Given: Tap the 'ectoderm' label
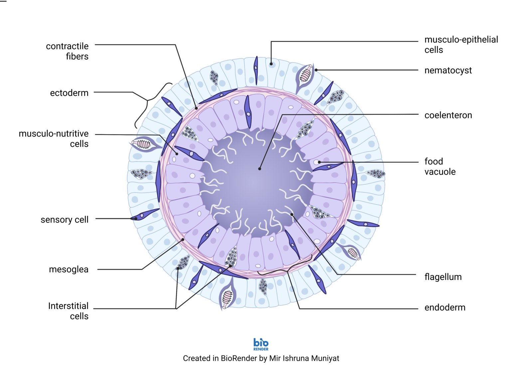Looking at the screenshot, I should tap(69, 93).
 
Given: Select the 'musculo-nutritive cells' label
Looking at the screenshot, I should tap(54, 139).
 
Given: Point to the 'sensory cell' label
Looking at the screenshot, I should tap(65, 220).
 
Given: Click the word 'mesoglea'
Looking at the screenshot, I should tap(69, 269).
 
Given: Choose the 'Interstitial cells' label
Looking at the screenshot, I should tap(68, 311).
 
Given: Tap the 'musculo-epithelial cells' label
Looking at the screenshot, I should tap(461, 45).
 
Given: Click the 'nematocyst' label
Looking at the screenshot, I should tap(448, 71).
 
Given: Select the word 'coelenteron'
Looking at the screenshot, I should tap(448, 115).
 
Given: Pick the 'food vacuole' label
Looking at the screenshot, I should tap(440, 166).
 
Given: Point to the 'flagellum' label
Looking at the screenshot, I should tap(443, 277).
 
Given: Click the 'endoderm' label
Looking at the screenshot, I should tap(445, 307).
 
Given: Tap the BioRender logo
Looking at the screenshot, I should tap(261, 344).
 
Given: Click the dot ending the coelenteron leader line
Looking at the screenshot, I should tap(259, 169).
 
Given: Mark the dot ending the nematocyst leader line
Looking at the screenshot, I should tap(316, 70).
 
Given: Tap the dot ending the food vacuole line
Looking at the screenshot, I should tap(319, 162).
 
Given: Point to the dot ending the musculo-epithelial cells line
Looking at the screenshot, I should tap(271, 64).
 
